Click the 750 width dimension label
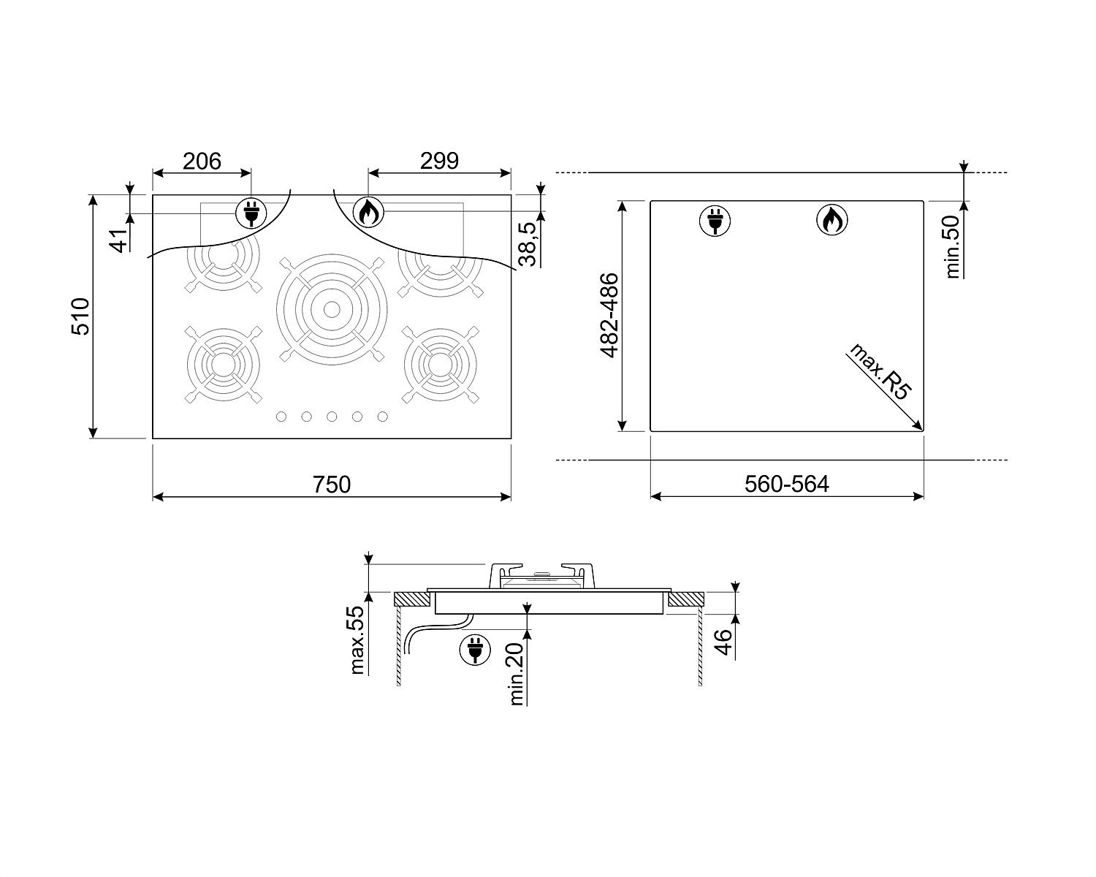332,484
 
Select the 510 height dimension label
80,316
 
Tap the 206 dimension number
202,161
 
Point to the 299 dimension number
439,161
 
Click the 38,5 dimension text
529,244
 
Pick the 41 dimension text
118,240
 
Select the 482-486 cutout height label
609,316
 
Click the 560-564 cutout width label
787,484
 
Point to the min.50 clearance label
952,246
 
